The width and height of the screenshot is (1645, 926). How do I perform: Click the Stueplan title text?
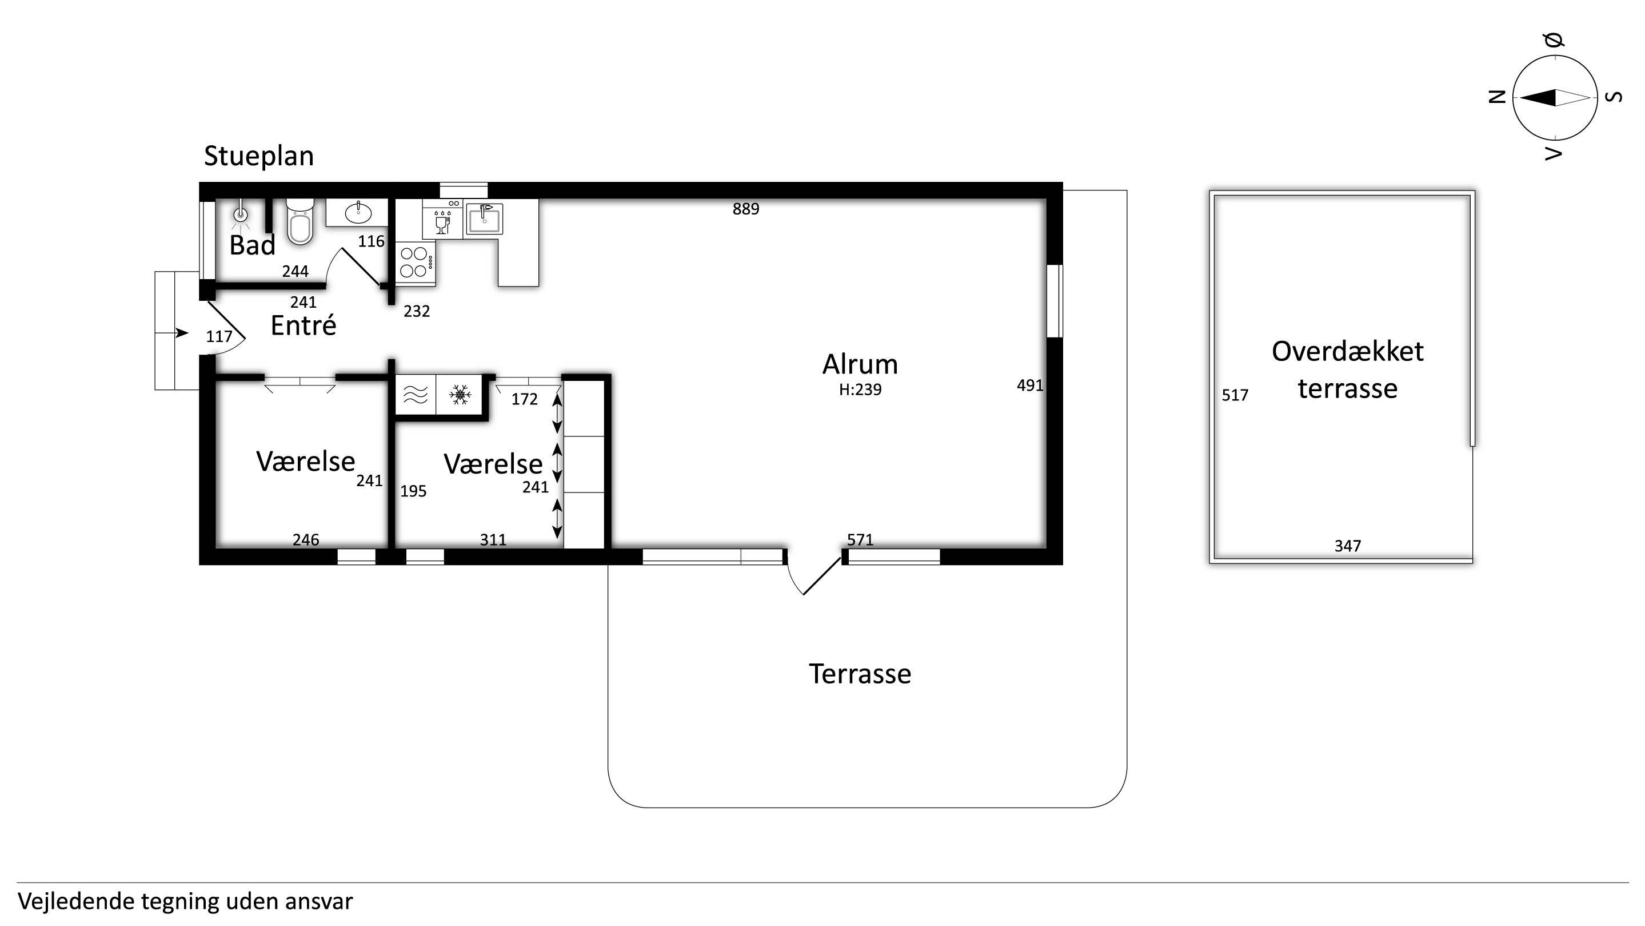click(x=258, y=157)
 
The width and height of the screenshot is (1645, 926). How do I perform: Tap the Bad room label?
click(x=252, y=245)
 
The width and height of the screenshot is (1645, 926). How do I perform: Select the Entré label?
click(x=304, y=325)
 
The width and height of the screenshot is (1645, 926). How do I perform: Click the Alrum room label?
click(x=860, y=364)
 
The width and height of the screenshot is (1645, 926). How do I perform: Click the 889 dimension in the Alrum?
click(x=746, y=209)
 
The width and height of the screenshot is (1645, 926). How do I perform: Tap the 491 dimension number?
click(x=1030, y=385)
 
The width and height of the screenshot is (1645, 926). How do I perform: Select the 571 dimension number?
click(x=860, y=540)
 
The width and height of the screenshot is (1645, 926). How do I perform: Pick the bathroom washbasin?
click(x=358, y=213)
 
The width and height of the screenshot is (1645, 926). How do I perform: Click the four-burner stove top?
click(x=416, y=263)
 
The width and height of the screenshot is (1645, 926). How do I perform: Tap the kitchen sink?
click(x=484, y=219)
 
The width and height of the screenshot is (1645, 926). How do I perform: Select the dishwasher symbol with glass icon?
click(x=442, y=219)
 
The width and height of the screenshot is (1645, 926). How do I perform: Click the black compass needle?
click(x=1537, y=98)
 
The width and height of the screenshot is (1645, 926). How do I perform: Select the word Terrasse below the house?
click(x=860, y=674)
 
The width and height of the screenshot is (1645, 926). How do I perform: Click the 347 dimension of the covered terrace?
click(x=1347, y=546)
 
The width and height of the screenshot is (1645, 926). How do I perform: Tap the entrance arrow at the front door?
click(x=182, y=333)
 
